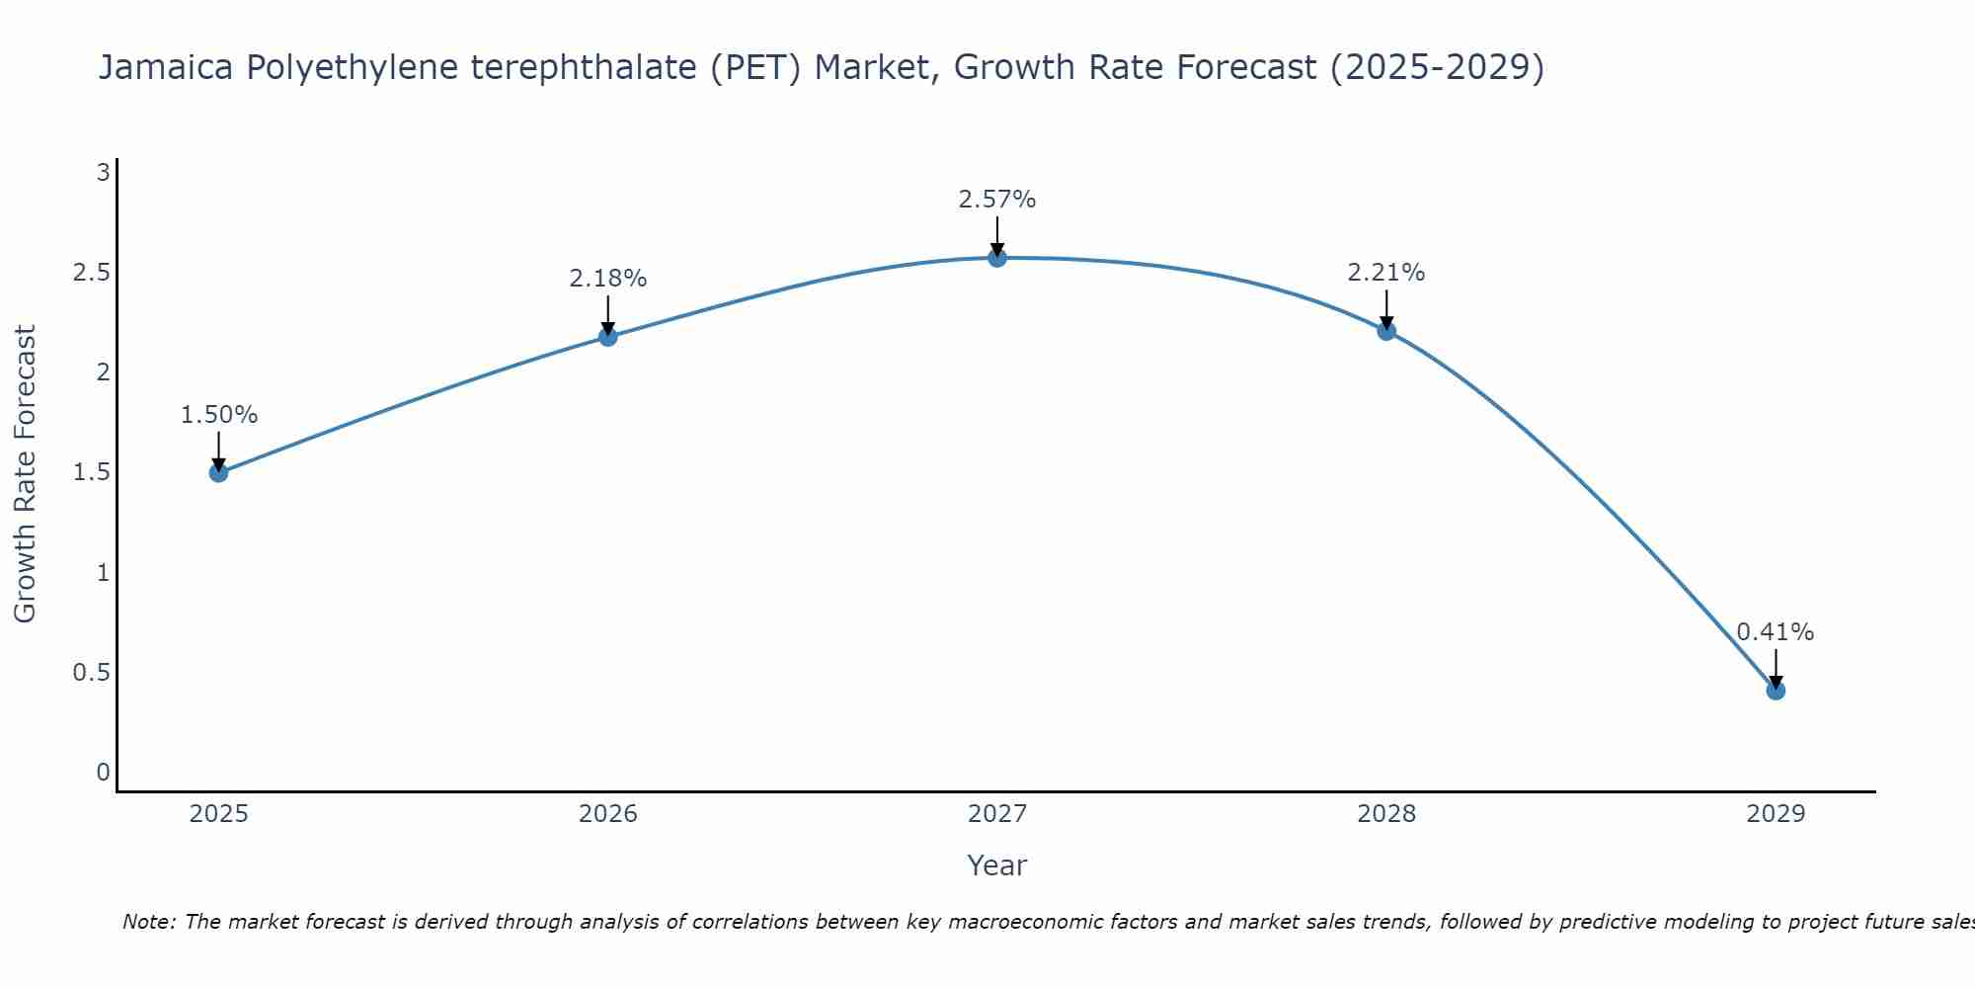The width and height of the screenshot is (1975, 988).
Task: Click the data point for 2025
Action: (x=218, y=472)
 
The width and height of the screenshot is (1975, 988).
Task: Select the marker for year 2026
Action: (x=608, y=337)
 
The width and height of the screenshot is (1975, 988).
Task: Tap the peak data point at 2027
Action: (x=997, y=258)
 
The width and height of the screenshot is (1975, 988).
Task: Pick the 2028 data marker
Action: (x=1386, y=331)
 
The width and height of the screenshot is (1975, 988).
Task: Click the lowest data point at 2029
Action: (x=1776, y=691)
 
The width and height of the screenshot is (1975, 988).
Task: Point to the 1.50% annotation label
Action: (x=218, y=415)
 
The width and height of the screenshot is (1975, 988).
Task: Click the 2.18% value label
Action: (x=608, y=279)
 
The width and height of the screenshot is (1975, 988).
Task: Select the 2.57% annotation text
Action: (x=997, y=200)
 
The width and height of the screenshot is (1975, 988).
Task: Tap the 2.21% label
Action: (x=1386, y=273)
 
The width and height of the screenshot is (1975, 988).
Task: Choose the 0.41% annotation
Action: (x=1776, y=632)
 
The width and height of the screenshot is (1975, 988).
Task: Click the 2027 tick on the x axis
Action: (x=997, y=814)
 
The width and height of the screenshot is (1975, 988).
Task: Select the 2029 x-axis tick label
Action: (x=1776, y=814)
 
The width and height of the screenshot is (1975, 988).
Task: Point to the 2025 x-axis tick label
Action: (x=218, y=814)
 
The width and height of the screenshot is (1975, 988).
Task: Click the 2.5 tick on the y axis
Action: (x=91, y=273)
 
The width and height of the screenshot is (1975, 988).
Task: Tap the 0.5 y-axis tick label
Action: (x=91, y=673)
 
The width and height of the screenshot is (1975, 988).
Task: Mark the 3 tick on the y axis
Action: (x=103, y=173)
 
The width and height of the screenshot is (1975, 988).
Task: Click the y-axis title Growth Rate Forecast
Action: (x=25, y=473)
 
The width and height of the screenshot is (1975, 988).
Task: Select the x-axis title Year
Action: (x=997, y=865)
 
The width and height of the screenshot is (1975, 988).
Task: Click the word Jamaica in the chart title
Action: (x=166, y=67)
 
